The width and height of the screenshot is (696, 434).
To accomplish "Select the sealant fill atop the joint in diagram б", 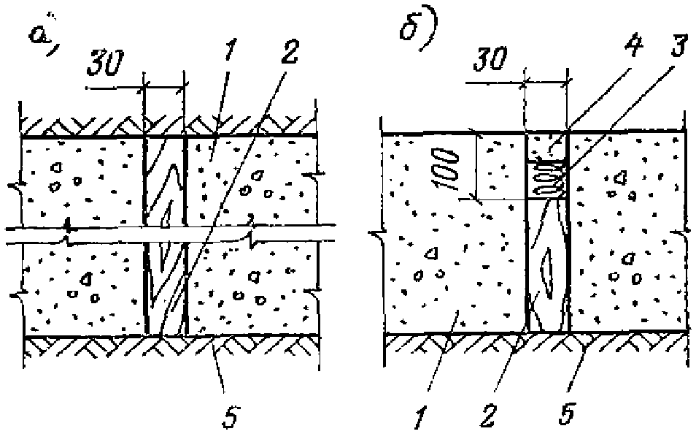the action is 546,146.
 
